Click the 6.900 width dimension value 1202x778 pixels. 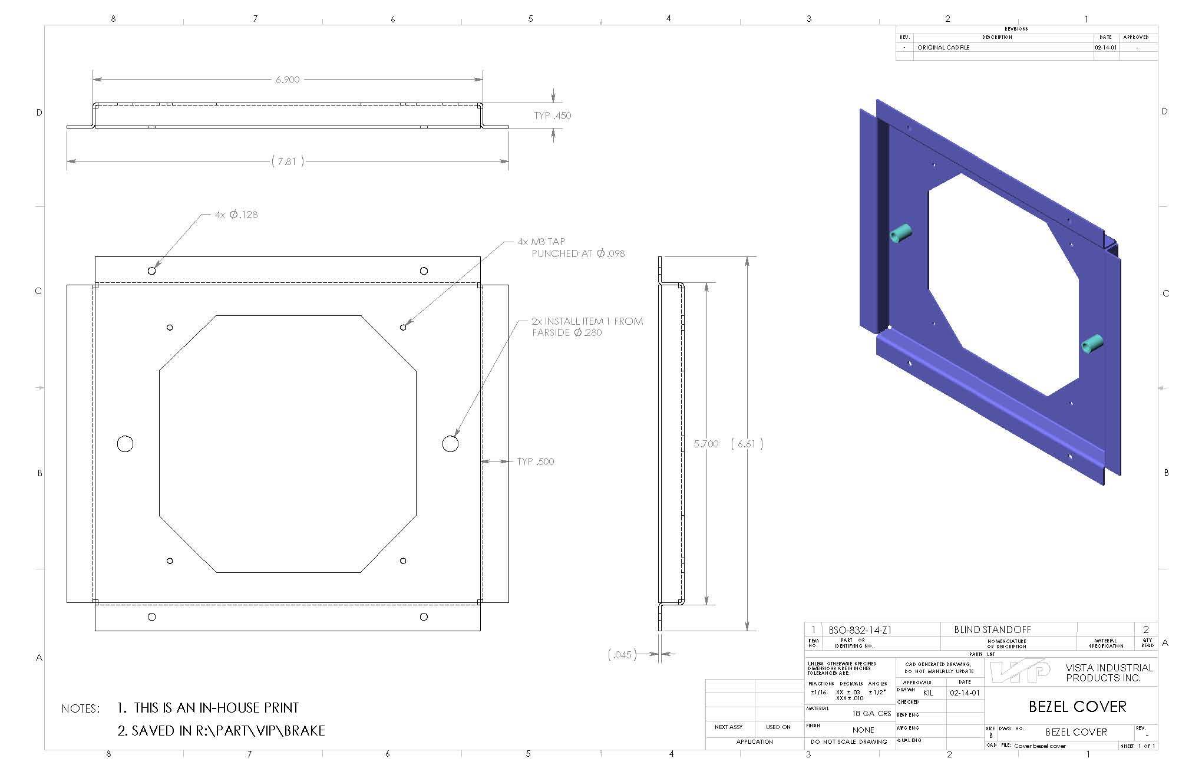click(x=288, y=80)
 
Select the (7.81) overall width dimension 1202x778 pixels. click(x=288, y=161)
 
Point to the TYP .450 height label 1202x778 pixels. click(x=552, y=116)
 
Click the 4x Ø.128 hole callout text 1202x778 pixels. click(x=236, y=215)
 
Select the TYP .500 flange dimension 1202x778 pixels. click(x=535, y=461)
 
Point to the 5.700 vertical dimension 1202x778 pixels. click(x=706, y=444)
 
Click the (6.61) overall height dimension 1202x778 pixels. click(x=747, y=444)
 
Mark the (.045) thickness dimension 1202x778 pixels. click(x=622, y=654)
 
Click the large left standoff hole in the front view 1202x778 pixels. click(x=125, y=444)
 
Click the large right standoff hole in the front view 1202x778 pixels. click(x=450, y=444)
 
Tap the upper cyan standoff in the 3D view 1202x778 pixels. click(x=900, y=233)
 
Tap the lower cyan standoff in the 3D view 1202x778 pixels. click(x=1092, y=343)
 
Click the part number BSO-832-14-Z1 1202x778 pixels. click(x=860, y=630)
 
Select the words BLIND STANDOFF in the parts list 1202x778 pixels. click(x=992, y=629)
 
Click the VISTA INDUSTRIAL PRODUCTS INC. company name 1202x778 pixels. click(x=1109, y=672)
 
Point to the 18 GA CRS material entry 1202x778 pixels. click(x=871, y=713)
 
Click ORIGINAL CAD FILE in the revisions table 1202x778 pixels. click(x=943, y=48)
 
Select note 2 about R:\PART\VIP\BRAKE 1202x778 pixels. click(x=222, y=731)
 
